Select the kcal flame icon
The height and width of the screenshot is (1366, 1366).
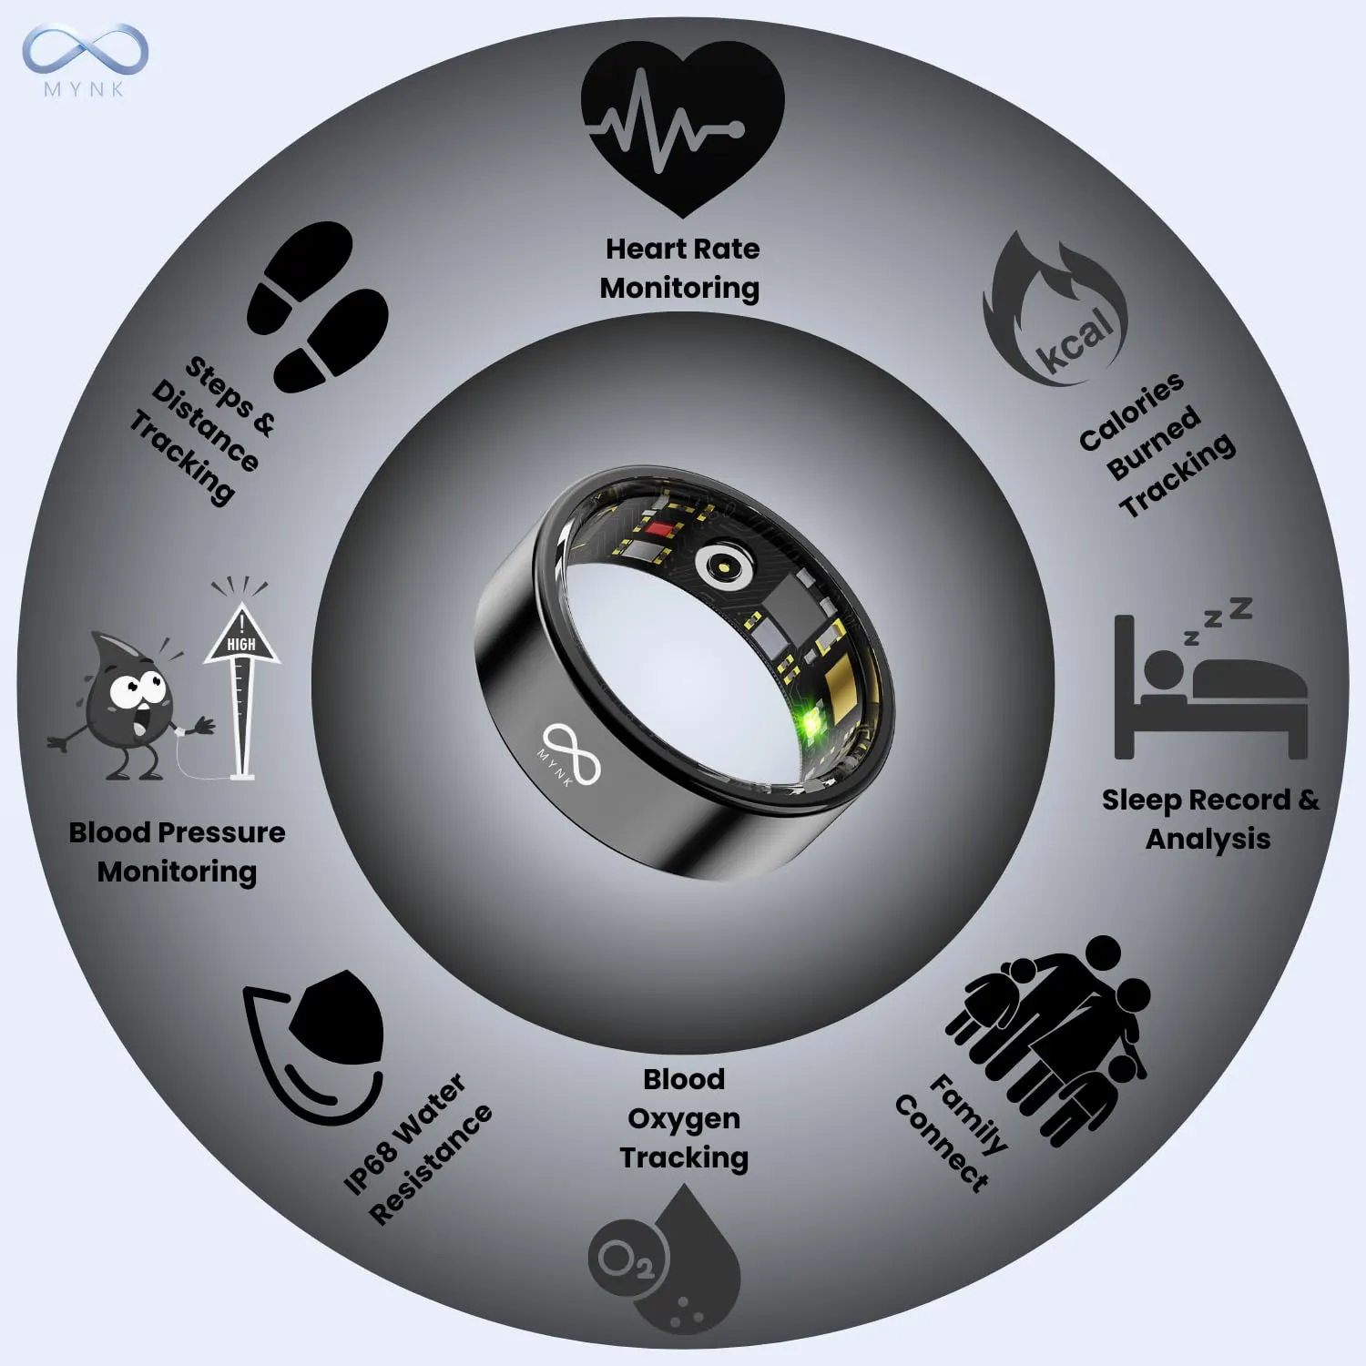1056,314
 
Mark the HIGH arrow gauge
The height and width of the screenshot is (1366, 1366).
241,683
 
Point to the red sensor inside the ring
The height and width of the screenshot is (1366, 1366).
658,528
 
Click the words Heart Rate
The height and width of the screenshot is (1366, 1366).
682,249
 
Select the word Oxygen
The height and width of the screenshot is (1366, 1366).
683,1119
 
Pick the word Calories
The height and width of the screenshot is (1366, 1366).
1131,412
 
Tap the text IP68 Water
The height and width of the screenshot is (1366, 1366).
404,1134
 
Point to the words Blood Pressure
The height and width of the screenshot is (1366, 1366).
177,832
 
